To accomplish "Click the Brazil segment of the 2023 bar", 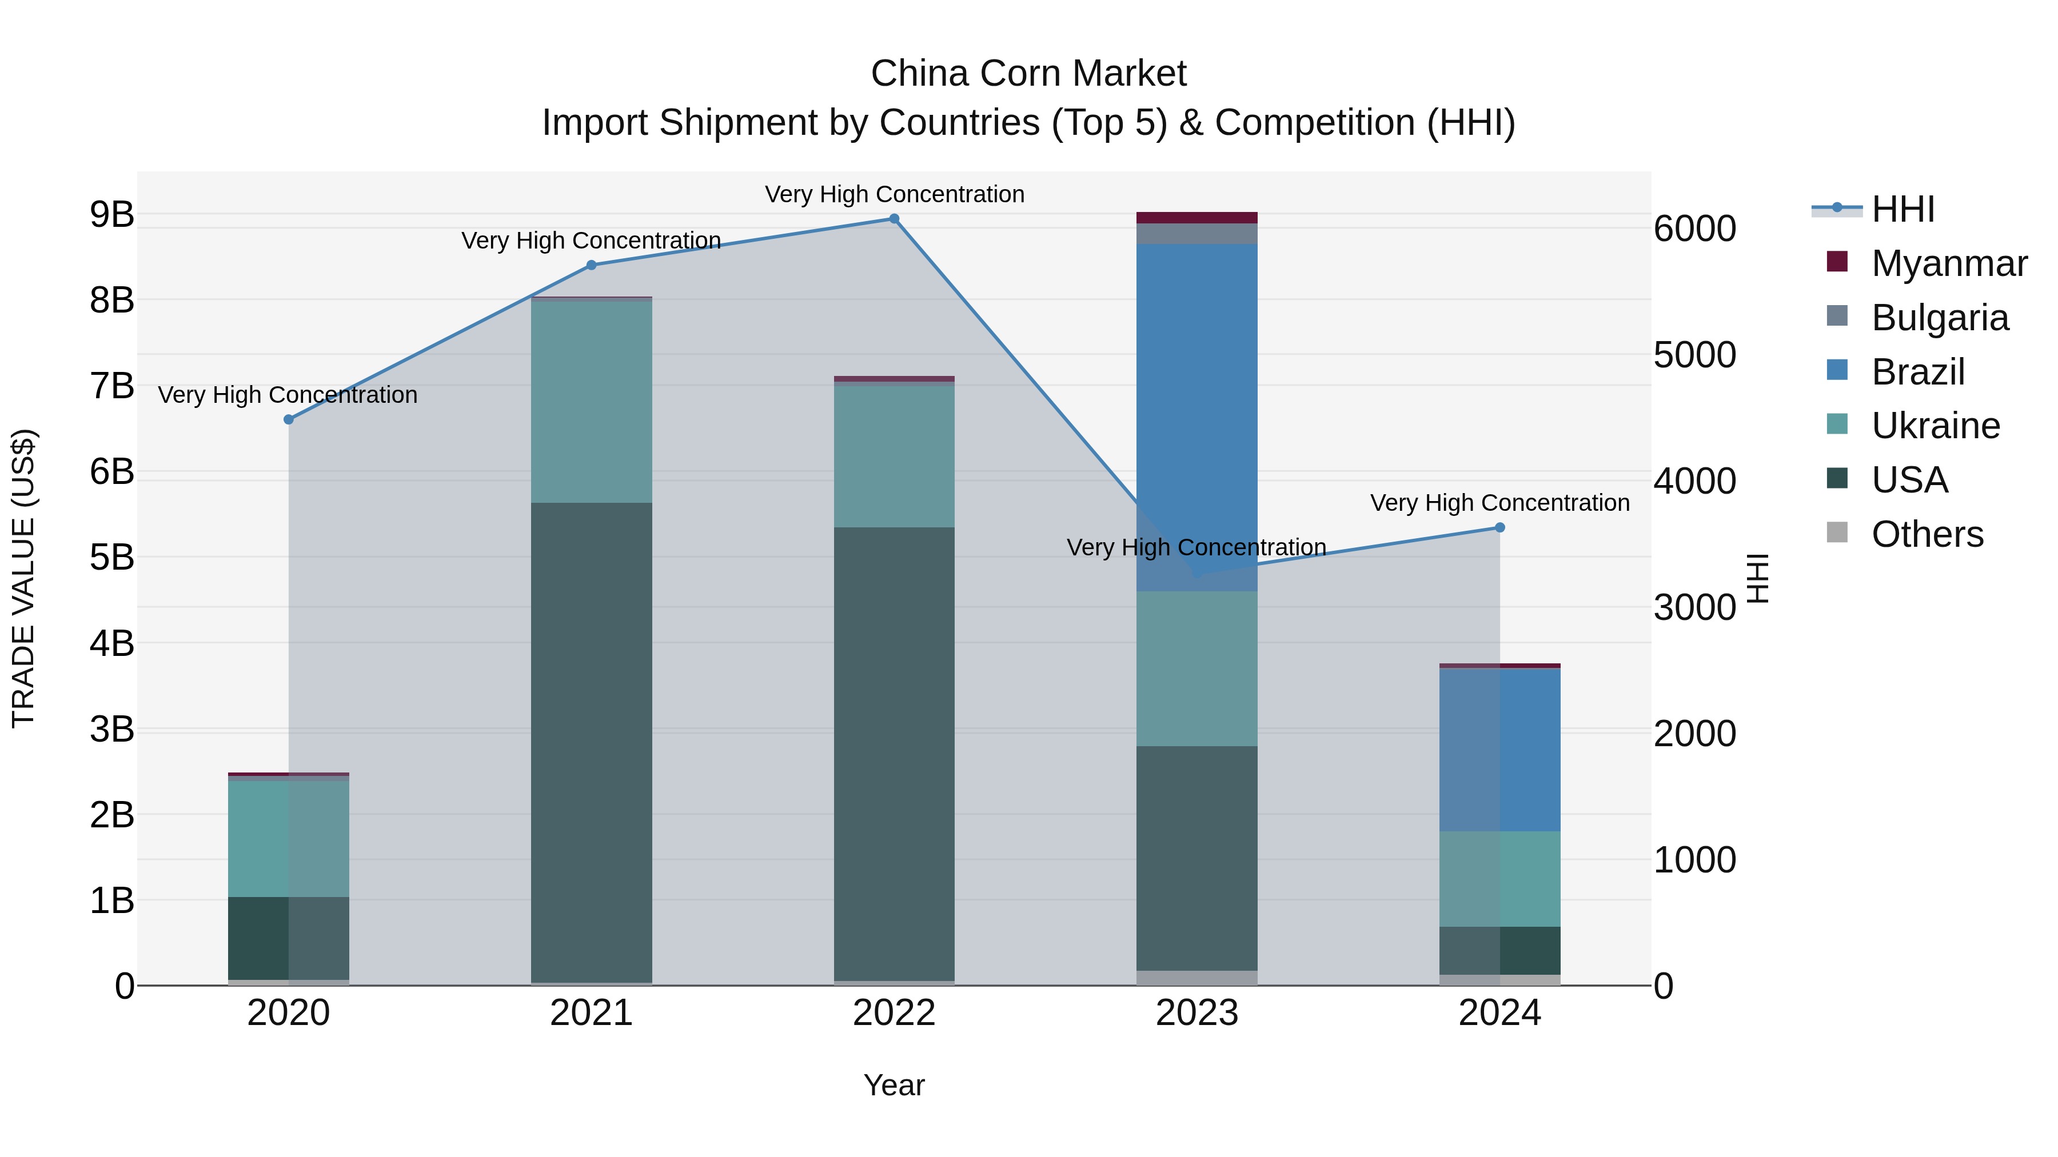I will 1196,399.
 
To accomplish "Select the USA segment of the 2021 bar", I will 591,743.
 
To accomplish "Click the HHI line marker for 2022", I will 894,219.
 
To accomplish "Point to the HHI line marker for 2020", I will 289,419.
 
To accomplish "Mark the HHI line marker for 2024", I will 1499,527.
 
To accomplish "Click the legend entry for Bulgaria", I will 1939,318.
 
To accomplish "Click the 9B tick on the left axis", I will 112,214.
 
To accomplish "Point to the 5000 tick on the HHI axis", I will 1694,355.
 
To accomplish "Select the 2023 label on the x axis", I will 1196,1013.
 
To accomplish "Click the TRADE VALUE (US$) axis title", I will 24,578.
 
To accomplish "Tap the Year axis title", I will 894,1085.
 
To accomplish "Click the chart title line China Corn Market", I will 1028,74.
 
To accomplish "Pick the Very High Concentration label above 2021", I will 591,241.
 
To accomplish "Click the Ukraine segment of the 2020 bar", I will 289,838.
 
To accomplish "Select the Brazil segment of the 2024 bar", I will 1499,751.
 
